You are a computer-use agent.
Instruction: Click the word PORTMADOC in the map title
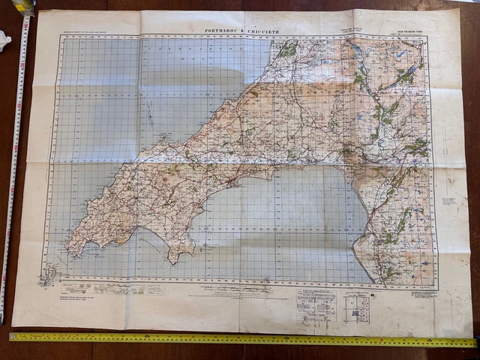pyautogui.click(x=223, y=31)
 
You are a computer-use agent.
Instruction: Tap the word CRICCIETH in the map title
pyautogui.click(x=261, y=31)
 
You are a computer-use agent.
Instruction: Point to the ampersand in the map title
pyautogui.click(x=241, y=31)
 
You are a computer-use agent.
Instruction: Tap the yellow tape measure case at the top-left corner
pyautogui.click(x=23, y=6)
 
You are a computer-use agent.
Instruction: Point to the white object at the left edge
pyautogui.click(x=4, y=38)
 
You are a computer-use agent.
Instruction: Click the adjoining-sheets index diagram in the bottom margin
pyautogui.click(x=357, y=307)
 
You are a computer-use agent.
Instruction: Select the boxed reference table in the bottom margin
pyautogui.click(x=315, y=300)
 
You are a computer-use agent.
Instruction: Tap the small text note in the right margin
pyautogui.click(x=449, y=202)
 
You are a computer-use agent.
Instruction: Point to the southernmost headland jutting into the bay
pyautogui.click(x=174, y=259)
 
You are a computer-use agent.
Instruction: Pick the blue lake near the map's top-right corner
pyautogui.click(x=401, y=54)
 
